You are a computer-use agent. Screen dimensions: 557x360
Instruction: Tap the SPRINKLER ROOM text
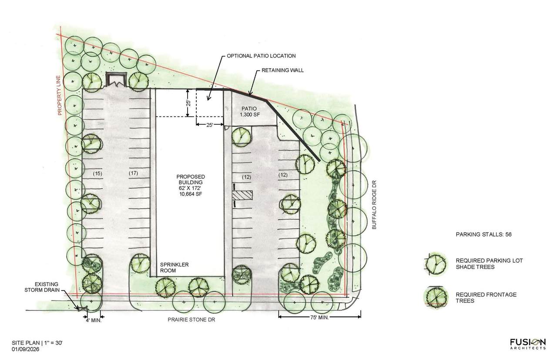[x=174, y=267]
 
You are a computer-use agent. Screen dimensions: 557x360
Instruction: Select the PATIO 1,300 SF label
[x=249, y=112]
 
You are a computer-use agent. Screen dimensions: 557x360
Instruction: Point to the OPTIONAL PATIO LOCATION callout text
[x=261, y=56]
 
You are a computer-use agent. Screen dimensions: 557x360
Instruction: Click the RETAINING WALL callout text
[x=282, y=70]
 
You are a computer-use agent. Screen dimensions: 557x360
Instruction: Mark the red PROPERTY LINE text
[x=59, y=95]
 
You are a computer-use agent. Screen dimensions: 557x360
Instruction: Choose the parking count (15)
[x=97, y=173]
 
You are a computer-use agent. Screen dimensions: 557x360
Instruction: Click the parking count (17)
[x=133, y=173]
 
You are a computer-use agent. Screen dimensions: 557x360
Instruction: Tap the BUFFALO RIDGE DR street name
[x=374, y=205]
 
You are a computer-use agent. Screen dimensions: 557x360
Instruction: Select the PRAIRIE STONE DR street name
[x=191, y=320]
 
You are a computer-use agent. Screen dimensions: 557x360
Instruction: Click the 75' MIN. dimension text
[x=319, y=317]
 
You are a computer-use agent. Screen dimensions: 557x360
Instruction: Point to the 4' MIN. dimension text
[x=93, y=320]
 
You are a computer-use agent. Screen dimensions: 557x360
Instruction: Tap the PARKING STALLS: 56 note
[x=483, y=234]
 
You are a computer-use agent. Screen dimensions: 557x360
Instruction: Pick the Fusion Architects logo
[x=528, y=343]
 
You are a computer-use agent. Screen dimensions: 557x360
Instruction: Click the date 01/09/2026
[x=26, y=349]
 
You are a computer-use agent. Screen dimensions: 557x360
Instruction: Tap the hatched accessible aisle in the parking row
[x=242, y=195]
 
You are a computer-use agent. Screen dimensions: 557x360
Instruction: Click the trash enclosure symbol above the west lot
[x=116, y=80]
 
